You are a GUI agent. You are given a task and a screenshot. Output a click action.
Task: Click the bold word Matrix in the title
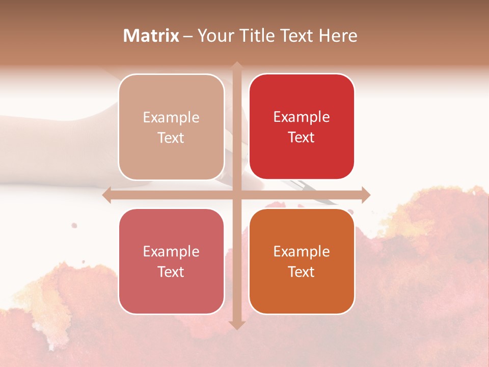point(151,36)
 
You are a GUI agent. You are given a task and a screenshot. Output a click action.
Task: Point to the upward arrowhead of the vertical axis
point(236,67)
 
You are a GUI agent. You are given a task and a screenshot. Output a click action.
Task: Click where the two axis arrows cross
point(236,195)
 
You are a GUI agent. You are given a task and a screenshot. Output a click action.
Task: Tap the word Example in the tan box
point(171,118)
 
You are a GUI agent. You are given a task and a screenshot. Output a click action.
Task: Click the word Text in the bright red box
point(302,138)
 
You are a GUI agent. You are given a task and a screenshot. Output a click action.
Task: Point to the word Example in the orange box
point(302,252)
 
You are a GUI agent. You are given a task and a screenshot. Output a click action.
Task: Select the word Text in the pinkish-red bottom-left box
point(171,272)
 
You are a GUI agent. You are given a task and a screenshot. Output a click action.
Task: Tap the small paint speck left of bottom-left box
point(74,225)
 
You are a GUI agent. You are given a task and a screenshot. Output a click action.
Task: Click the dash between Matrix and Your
point(188,36)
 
